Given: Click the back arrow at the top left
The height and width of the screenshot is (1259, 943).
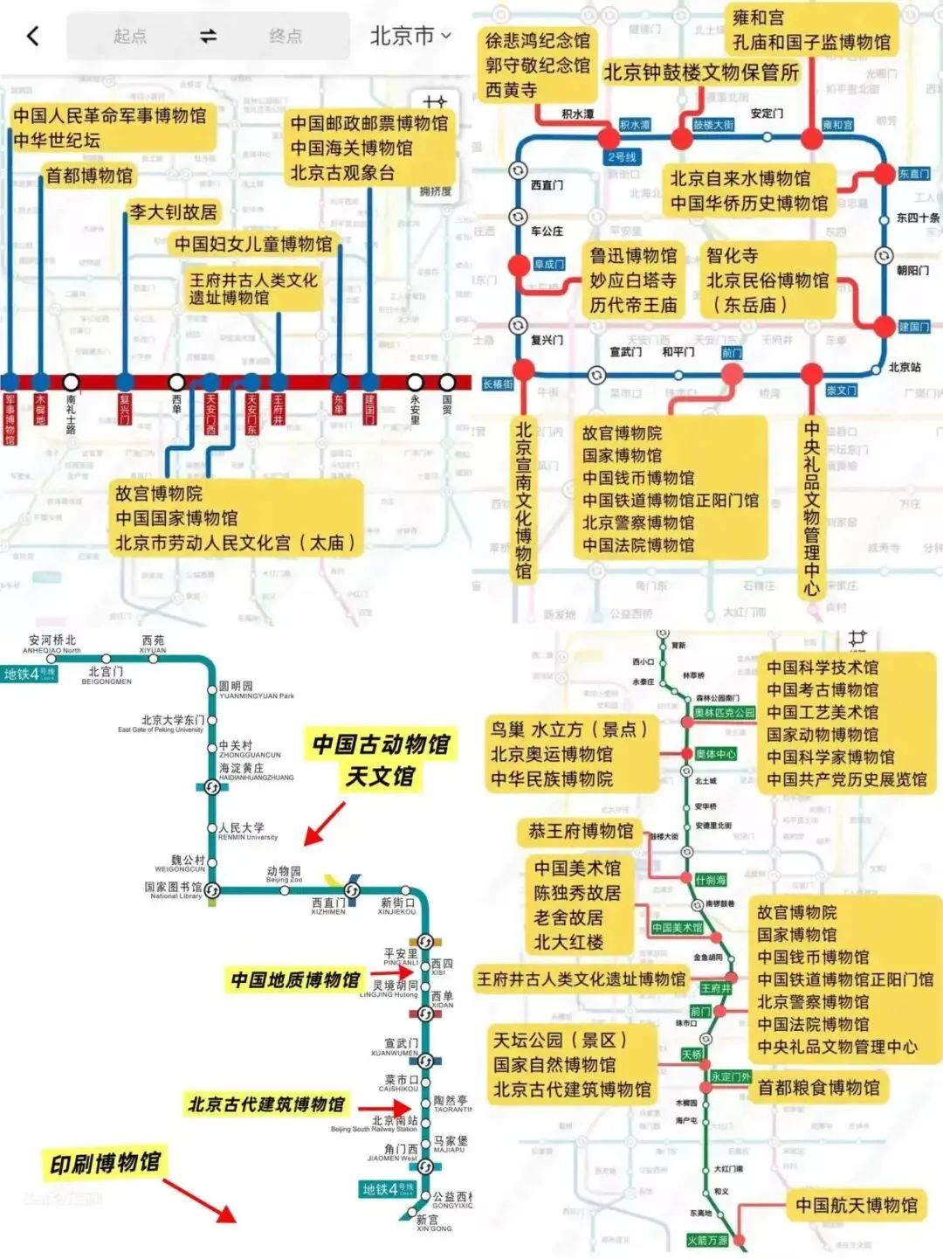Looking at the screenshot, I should (33, 36).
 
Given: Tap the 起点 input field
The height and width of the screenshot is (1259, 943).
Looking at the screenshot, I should (130, 36).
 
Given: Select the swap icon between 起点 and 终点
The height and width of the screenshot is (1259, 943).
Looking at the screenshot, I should (208, 36).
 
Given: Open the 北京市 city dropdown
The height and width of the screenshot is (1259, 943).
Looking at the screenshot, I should (410, 36).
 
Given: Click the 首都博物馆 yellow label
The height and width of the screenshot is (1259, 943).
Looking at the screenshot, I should (89, 176).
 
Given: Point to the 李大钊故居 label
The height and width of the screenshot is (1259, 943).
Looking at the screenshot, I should (173, 211).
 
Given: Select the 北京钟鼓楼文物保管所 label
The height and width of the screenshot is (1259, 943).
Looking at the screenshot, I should (701, 73).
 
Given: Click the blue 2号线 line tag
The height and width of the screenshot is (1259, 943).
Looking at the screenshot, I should (622, 157).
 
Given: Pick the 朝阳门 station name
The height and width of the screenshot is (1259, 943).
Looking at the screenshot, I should (912, 271).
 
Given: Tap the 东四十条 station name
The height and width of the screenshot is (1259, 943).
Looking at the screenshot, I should (918, 218).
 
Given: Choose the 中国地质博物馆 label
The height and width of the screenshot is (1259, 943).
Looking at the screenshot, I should (295, 980).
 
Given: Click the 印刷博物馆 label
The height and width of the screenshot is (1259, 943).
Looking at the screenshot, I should (105, 1163).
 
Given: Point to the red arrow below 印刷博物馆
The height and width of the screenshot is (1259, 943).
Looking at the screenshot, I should (200, 1200).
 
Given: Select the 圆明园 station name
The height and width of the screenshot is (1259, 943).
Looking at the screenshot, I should (236, 687).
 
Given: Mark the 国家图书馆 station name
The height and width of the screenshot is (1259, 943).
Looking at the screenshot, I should (173, 887).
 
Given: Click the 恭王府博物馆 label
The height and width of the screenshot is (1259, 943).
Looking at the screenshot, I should (581, 832).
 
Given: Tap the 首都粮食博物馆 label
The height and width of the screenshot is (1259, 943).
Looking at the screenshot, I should (818, 1088).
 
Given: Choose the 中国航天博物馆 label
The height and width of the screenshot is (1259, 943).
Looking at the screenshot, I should (856, 1206).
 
